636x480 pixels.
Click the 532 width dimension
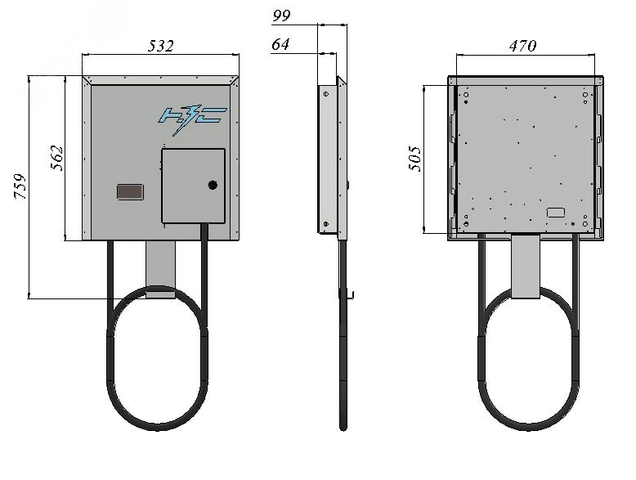click(x=160, y=46)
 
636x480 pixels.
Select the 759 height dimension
click(x=20, y=186)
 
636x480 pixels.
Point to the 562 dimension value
click(x=57, y=158)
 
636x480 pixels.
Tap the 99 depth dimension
click(x=281, y=16)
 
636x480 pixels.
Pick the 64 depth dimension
click(x=280, y=44)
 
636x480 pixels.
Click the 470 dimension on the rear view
click(x=523, y=46)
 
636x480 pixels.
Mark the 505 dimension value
click(x=415, y=159)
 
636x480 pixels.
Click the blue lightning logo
click(x=192, y=119)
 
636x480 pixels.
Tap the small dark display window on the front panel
click(x=130, y=192)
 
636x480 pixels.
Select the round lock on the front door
click(x=213, y=185)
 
